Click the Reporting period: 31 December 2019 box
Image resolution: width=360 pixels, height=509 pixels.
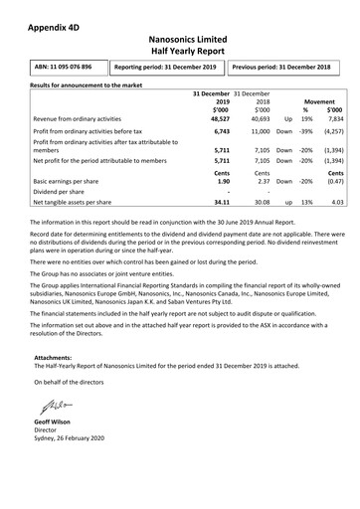tap(163, 68)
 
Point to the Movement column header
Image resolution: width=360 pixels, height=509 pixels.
tap(319, 101)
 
